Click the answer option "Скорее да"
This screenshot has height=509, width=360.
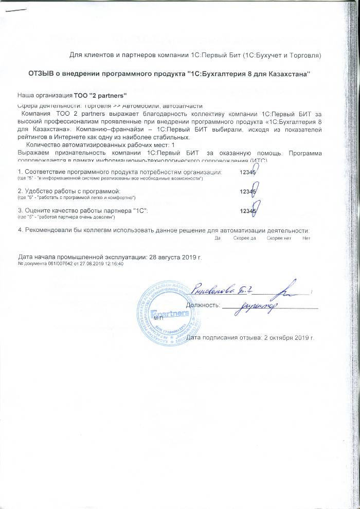(x=245, y=238)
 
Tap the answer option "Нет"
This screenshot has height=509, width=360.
(x=307, y=238)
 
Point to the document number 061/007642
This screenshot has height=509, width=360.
(x=60, y=263)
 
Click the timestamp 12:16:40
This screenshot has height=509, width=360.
(x=114, y=263)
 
